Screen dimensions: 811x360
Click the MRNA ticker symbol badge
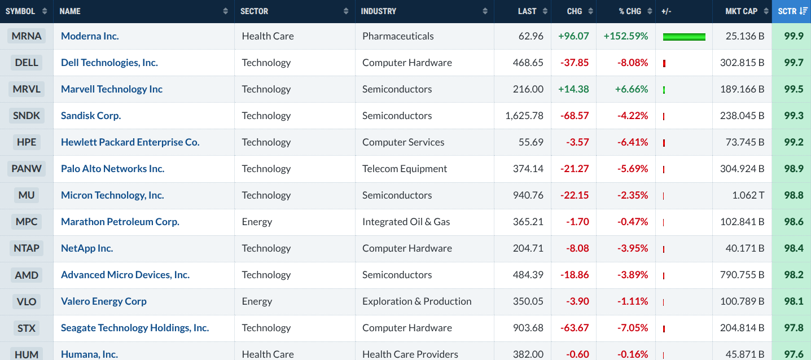point(27,36)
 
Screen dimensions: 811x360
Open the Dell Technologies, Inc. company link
point(109,63)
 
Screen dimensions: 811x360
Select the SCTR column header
point(791,11)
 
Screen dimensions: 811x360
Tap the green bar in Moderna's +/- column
point(684,37)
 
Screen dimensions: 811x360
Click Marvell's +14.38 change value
point(573,89)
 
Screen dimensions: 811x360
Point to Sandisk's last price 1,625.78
point(524,116)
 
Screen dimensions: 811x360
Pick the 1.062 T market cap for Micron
point(748,195)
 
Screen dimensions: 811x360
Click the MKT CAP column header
point(741,11)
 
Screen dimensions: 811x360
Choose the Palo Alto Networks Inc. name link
point(113,169)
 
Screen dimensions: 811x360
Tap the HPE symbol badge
point(27,142)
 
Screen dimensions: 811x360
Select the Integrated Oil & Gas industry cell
point(406,222)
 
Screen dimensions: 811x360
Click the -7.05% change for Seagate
point(633,328)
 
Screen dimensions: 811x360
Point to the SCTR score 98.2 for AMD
point(794,275)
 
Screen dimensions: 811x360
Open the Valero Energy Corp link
point(103,301)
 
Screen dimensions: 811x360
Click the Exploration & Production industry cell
point(417,301)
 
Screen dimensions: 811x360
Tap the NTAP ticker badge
point(27,248)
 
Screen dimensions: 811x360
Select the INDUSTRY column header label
point(378,11)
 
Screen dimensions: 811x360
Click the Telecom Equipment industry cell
point(405,169)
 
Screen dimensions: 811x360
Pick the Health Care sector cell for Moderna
point(268,36)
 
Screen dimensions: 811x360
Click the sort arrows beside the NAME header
point(225,11)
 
